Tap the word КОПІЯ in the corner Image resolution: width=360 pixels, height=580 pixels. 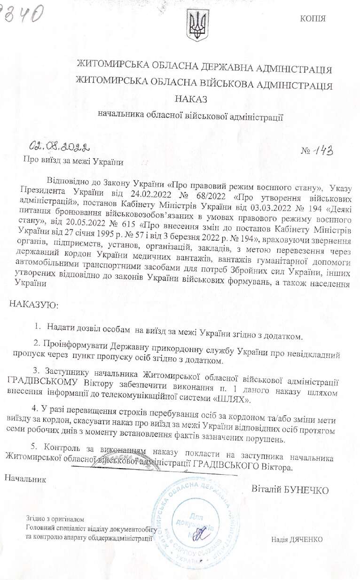pyautogui.click(x=313, y=19)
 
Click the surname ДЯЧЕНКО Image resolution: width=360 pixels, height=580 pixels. pyautogui.click(x=304, y=539)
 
